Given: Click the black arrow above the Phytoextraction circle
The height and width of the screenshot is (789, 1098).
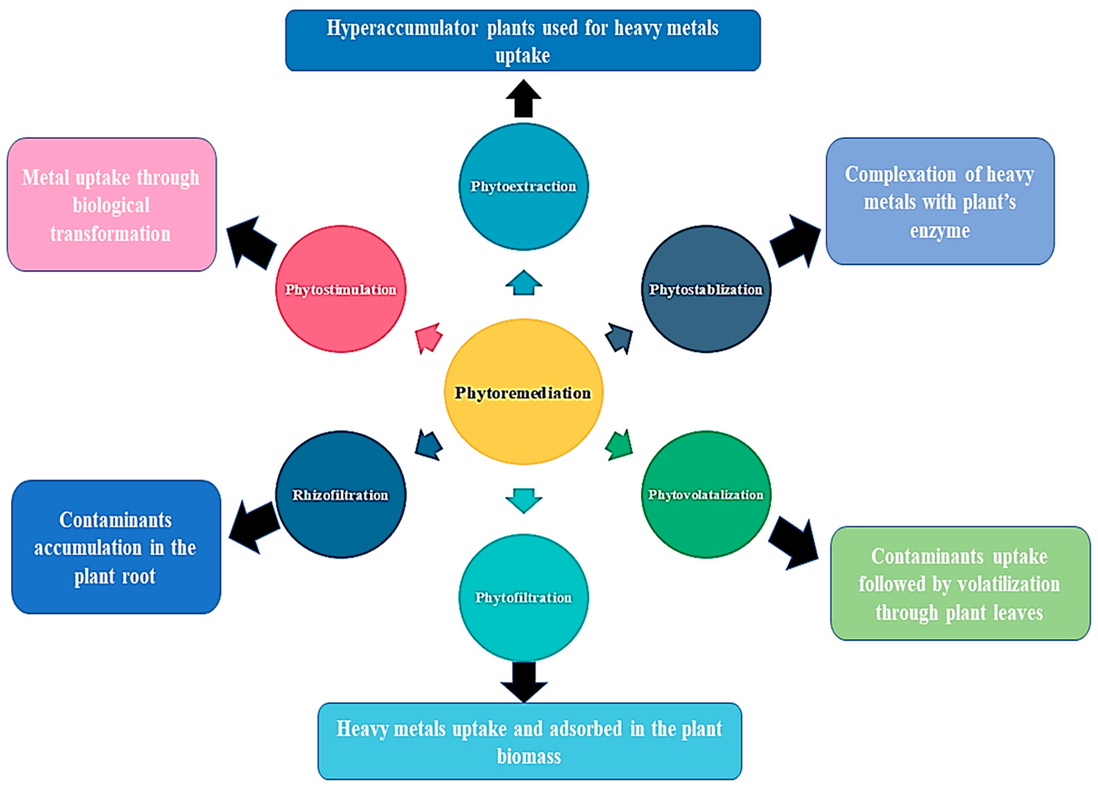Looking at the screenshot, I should point(523,99).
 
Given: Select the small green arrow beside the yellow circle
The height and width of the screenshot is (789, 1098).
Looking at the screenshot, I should point(620,445).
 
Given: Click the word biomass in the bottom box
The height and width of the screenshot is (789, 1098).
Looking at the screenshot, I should point(529,756).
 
